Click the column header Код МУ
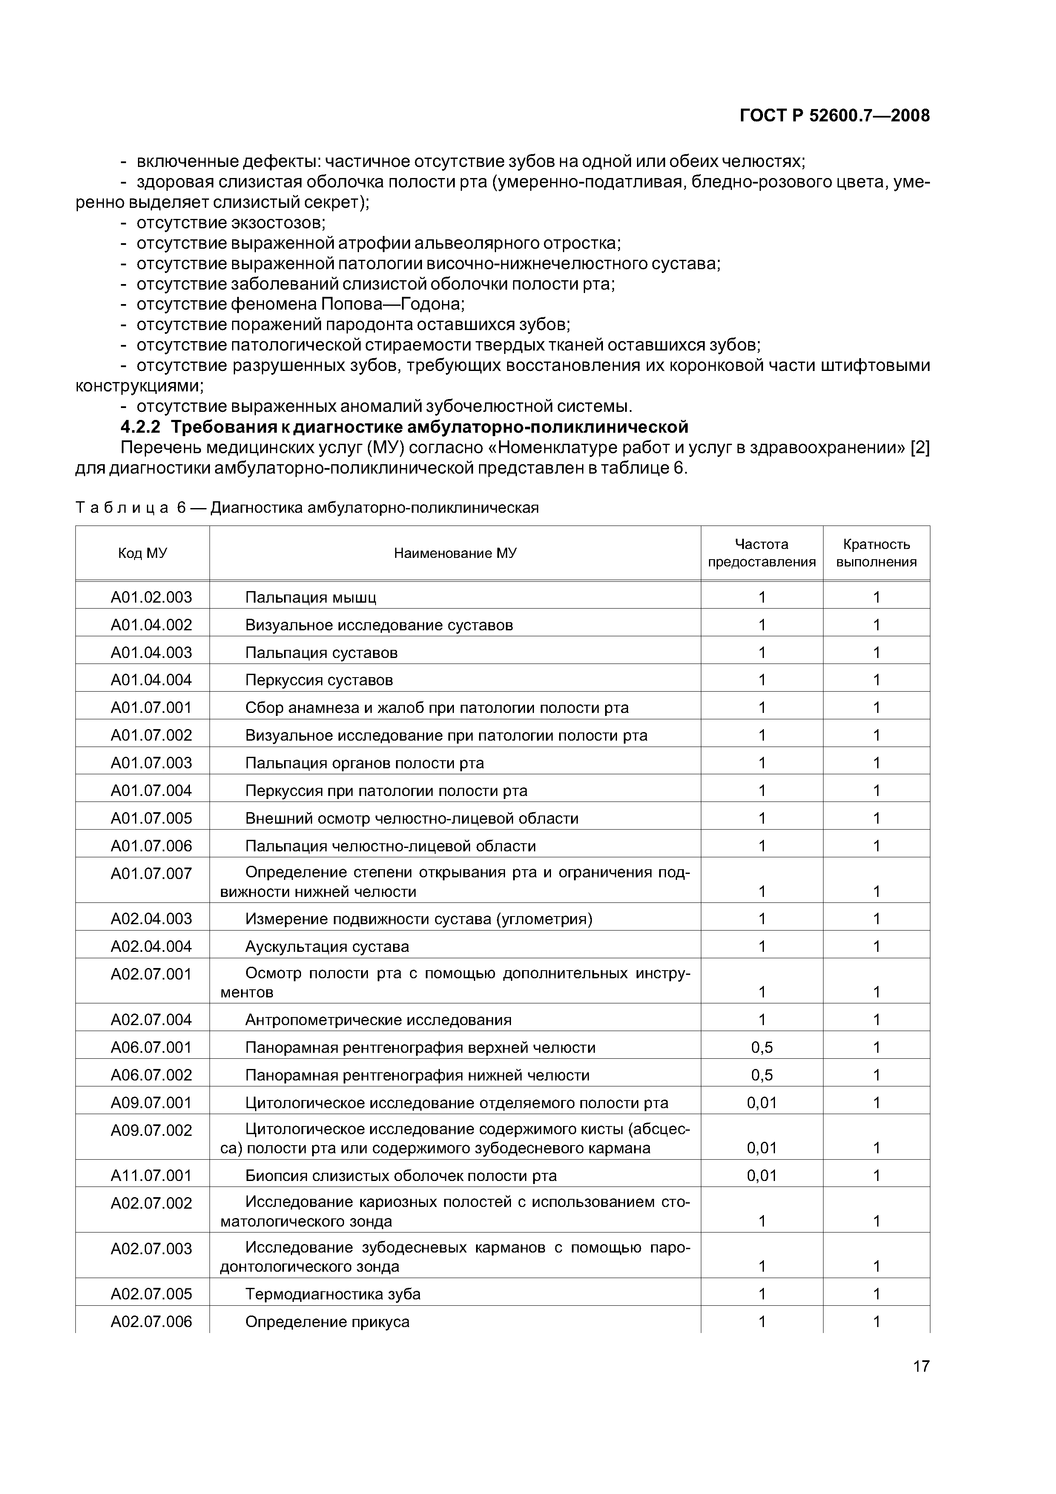click(x=143, y=553)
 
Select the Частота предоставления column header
click(x=761, y=553)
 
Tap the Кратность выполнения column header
click(x=876, y=553)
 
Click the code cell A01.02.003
click(x=151, y=597)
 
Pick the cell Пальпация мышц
click(x=310, y=597)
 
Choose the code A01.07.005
click(x=151, y=818)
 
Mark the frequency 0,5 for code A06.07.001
click(x=761, y=1047)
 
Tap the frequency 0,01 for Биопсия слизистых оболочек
click(x=761, y=1175)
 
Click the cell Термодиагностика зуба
click(x=333, y=1293)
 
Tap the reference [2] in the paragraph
click(x=919, y=448)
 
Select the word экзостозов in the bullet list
click(x=278, y=223)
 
